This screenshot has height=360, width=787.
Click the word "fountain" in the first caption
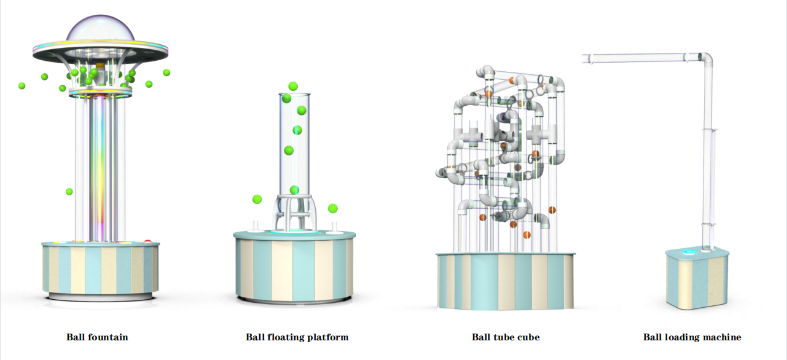pos(108,337)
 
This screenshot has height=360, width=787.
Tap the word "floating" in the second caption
pos(291,337)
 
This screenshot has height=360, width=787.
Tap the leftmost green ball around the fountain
pos(22,86)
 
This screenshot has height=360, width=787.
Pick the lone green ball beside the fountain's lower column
pos(69,192)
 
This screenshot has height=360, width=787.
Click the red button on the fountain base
pos(147,241)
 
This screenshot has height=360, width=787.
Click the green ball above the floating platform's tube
pos(293,86)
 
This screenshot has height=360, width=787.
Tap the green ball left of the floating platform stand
pos(257,199)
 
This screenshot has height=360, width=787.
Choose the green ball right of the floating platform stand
pos(332,208)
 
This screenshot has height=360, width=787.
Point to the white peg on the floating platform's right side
pos(334,228)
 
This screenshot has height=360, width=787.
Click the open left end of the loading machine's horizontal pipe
pos(585,58)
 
